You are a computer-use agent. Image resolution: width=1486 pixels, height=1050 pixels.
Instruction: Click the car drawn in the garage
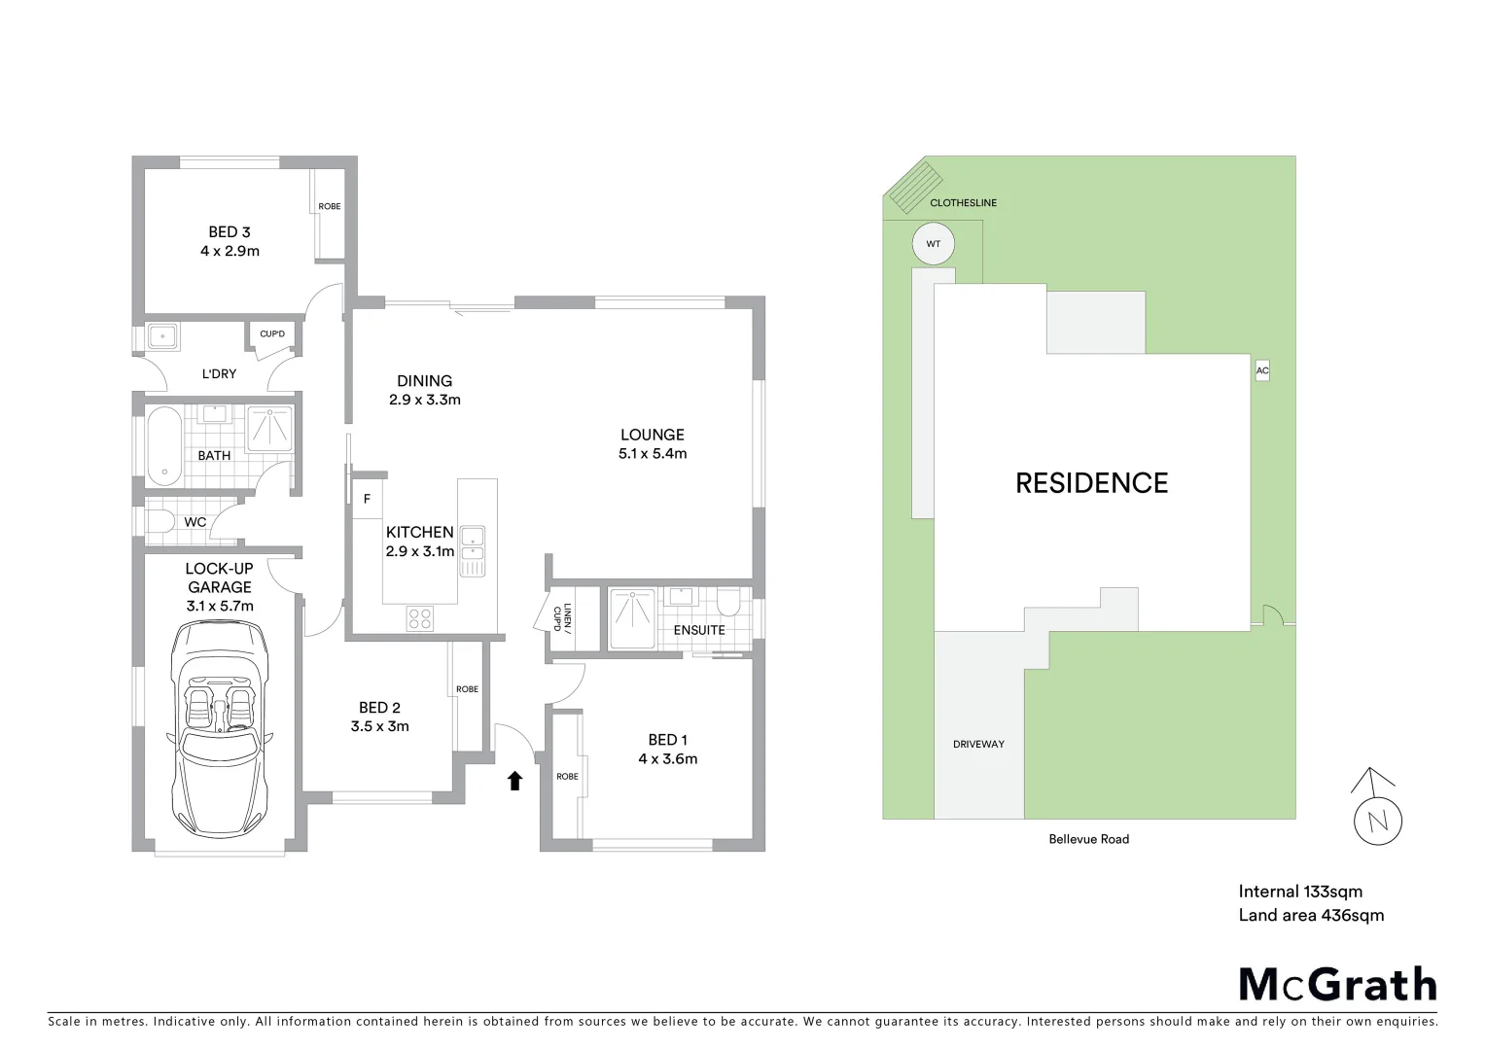[x=220, y=727]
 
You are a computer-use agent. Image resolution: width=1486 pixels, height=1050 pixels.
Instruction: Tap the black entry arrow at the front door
[x=515, y=780]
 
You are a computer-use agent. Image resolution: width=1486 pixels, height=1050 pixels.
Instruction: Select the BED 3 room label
[x=230, y=232]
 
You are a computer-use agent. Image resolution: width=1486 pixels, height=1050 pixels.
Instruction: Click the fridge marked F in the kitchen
[x=367, y=499]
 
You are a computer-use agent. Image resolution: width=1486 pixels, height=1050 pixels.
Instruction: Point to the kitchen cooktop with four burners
[x=420, y=618]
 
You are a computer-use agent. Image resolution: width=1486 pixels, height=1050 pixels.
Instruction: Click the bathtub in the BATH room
[x=164, y=445]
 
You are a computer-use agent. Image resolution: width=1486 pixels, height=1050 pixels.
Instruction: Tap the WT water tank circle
[x=934, y=244]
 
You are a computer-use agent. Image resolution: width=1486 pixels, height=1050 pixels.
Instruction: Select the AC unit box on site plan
[x=1262, y=370]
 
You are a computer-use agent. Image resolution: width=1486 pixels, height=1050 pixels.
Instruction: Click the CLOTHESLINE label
[x=963, y=203]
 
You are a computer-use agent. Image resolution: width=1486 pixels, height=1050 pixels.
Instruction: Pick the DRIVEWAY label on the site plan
[x=978, y=745]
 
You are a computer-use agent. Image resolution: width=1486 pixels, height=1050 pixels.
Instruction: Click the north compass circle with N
[x=1377, y=822]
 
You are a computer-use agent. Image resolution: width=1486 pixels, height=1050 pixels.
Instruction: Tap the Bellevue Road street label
[x=1088, y=839]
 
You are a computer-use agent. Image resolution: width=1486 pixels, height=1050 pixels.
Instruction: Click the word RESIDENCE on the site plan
[x=1091, y=483]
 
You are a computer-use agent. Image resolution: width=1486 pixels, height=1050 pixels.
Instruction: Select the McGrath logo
[x=1337, y=985]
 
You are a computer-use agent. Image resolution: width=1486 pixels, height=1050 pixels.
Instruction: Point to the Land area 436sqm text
[x=1311, y=915]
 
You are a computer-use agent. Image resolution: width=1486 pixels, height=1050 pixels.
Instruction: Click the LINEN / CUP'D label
[x=562, y=617]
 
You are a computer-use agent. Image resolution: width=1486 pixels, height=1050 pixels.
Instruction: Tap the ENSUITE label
[x=699, y=630]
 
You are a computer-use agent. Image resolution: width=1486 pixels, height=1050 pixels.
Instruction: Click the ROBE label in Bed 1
[x=567, y=776]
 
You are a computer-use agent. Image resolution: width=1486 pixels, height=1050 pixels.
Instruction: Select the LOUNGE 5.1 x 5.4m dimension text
[x=653, y=454]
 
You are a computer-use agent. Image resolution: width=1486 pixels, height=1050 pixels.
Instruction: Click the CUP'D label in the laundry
[x=272, y=334]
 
